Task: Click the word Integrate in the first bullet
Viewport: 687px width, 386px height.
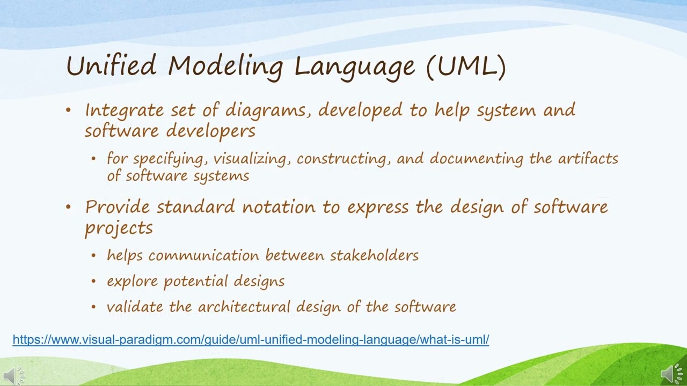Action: pyautogui.click(x=124, y=110)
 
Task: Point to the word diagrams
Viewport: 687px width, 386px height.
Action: pyautogui.click(x=268, y=110)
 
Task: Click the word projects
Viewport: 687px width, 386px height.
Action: pyautogui.click(x=119, y=228)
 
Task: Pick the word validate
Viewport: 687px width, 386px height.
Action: pyautogui.click(x=135, y=307)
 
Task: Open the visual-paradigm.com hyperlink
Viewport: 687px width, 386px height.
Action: pyautogui.click(x=251, y=339)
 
